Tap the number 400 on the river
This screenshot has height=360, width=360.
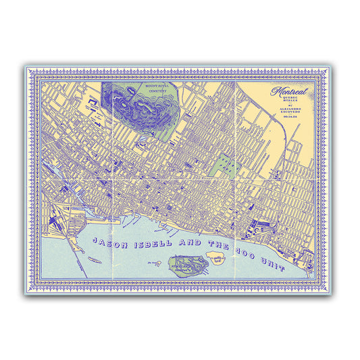(x=245, y=253)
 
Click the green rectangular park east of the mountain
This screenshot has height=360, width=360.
(x=222, y=161)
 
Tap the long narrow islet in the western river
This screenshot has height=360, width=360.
(x=95, y=259)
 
